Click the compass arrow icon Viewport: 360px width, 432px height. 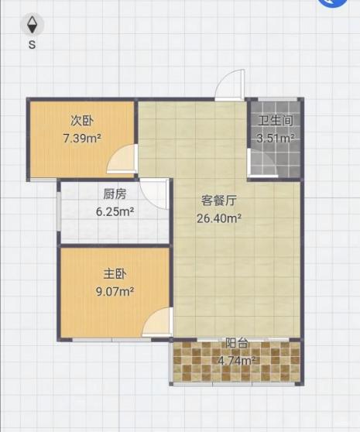tap(32, 25)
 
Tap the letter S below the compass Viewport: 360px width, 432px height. tap(33, 44)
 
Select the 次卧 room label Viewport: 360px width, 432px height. tap(82, 121)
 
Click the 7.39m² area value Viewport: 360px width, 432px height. tap(82, 138)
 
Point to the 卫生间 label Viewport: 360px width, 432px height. tap(276, 121)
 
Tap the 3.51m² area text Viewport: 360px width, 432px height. tap(276, 138)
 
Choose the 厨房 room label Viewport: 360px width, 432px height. tap(115, 194)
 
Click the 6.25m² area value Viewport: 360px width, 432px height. tap(115, 211)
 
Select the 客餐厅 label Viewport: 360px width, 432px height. tap(218, 201)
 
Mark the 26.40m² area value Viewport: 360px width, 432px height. tap(219, 218)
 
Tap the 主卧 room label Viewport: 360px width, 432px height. tap(115, 274)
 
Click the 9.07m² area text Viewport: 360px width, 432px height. tap(115, 291)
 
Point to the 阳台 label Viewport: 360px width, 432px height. tap(237, 343)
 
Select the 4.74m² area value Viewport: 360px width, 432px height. tap(237, 360)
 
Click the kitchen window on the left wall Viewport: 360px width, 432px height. tap(58, 211)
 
